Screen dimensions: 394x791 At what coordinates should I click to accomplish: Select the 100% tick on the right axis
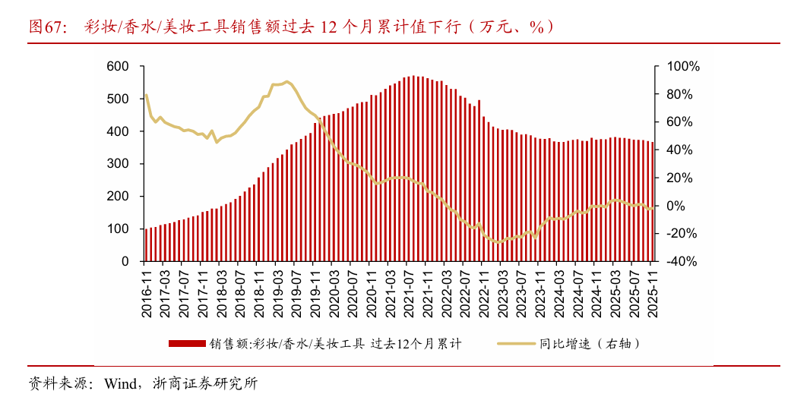tap(682, 67)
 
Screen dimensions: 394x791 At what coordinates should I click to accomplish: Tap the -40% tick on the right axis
tap(682, 261)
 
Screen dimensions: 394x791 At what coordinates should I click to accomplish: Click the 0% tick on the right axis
tap(675, 206)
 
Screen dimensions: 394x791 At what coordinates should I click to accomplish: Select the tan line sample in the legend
tap(516, 343)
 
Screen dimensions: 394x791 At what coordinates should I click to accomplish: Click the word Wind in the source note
tap(119, 383)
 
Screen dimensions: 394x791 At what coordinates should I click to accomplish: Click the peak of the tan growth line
tap(286, 80)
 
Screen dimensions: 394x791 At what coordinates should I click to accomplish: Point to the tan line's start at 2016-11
tap(146, 95)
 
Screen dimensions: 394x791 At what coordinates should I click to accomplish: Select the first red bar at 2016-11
tap(147, 244)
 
